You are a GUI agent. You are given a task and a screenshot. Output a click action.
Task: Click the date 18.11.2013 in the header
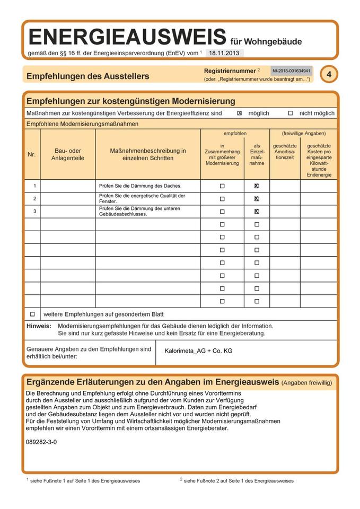pyautogui.click(x=223, y=53)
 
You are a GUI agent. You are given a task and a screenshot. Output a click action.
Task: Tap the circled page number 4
pyautogui.click(x=329, y=75)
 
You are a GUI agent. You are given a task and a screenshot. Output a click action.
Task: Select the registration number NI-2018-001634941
pyautogui.click(x=291, y=71)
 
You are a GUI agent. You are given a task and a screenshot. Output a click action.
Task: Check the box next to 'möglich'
pyautogui.click(x=240, y=113)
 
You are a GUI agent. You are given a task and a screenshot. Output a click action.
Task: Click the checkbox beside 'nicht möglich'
pyautogui.click(x=290, y=113)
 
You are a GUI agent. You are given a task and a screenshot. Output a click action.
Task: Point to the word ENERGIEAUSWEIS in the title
pyautogui.click(x=127, y=37)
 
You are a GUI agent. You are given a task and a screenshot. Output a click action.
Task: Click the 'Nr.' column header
pyautogui.click(x=32, y=155)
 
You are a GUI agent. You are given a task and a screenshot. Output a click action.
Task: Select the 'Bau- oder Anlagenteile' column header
pyautogui.click(x=68, y=154)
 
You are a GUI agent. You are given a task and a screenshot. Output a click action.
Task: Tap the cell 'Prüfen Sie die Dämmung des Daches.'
pyautogui.click(x=140, y=186)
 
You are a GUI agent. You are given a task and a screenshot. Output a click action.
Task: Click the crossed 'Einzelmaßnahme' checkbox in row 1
pyautogui.click(x=257, y=186)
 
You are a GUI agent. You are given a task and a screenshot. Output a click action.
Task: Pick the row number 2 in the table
pyautogui.click(x=34, y=199)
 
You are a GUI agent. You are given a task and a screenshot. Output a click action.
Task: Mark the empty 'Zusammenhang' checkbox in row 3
pyautogui.click(x=222, y=212)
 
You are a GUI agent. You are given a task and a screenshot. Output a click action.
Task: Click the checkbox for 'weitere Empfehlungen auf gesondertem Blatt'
pyautogui.click(x=32, y=314)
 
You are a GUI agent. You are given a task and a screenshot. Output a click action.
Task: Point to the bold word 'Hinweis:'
pyautogui.click(x=39, y=326)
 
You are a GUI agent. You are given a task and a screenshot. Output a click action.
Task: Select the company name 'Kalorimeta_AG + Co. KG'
pyautogui.click(x=198, y=351)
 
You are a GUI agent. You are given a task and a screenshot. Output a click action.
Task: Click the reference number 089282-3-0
pyautogui.click(x=41, y=442)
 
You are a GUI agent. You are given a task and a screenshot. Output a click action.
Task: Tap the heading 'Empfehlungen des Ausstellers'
pyautogui.click(x=88, y=76)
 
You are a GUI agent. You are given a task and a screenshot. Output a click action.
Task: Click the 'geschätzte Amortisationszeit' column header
pyautogui.click(x=285, y=152)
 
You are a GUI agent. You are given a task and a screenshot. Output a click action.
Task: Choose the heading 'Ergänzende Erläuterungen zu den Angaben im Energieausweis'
pyautogui.click(x=153, y=382)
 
